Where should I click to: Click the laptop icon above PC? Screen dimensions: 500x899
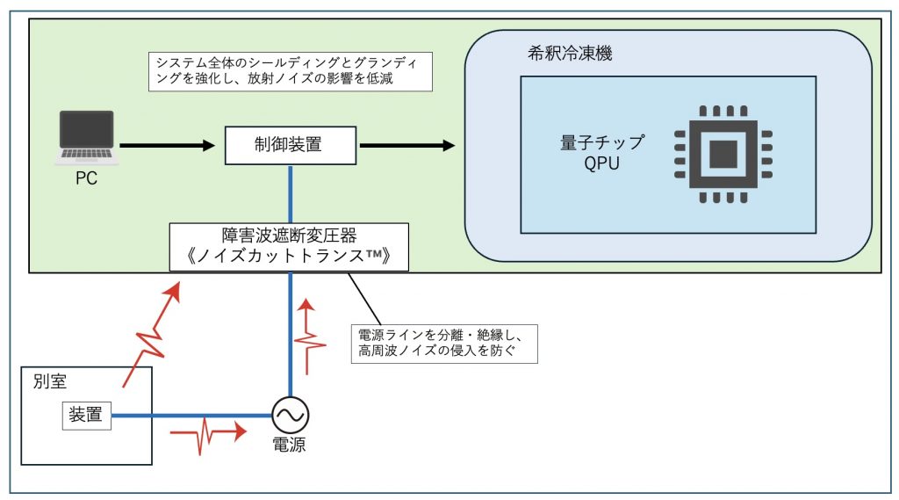pyautogui.click(x=86, y=138)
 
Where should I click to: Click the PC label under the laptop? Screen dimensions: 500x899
pyautogui.click(x=86, y=178)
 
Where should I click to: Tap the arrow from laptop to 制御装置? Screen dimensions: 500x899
pyautogui.click(x=168, y=145)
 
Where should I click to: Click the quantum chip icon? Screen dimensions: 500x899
pyautogui.click(x=723, y=154)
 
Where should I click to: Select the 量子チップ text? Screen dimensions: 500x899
pyautogui.click(x=602, y=143)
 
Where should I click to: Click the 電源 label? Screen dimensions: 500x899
pyautogui.click(x=289, y=444)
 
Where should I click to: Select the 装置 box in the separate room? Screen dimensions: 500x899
pyautogui.click(x=85, y=415)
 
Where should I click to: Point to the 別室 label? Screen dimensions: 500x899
pyautogui.click(x=44, y=383)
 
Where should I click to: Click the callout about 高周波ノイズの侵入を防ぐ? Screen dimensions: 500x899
pyautogui.click(x=442, y=344)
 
